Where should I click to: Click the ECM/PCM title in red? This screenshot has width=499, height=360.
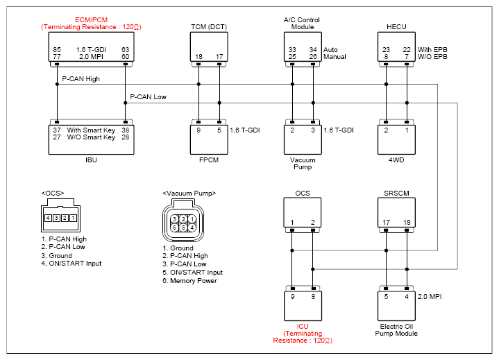(92, 19)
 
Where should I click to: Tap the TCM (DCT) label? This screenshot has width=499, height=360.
(209, 27)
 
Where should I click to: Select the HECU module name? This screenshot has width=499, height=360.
(396, 27)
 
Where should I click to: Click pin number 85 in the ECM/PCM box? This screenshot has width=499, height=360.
(57, 50)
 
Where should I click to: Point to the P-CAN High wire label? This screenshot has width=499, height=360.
(81, 79)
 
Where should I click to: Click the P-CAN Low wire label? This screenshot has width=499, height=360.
(148, 97)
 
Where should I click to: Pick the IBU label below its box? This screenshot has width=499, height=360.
(91, 160)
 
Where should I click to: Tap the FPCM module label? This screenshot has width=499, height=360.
(209, 160)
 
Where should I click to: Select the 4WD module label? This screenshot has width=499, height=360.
(396, 160)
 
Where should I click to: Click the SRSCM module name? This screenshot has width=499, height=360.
(396, 194)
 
